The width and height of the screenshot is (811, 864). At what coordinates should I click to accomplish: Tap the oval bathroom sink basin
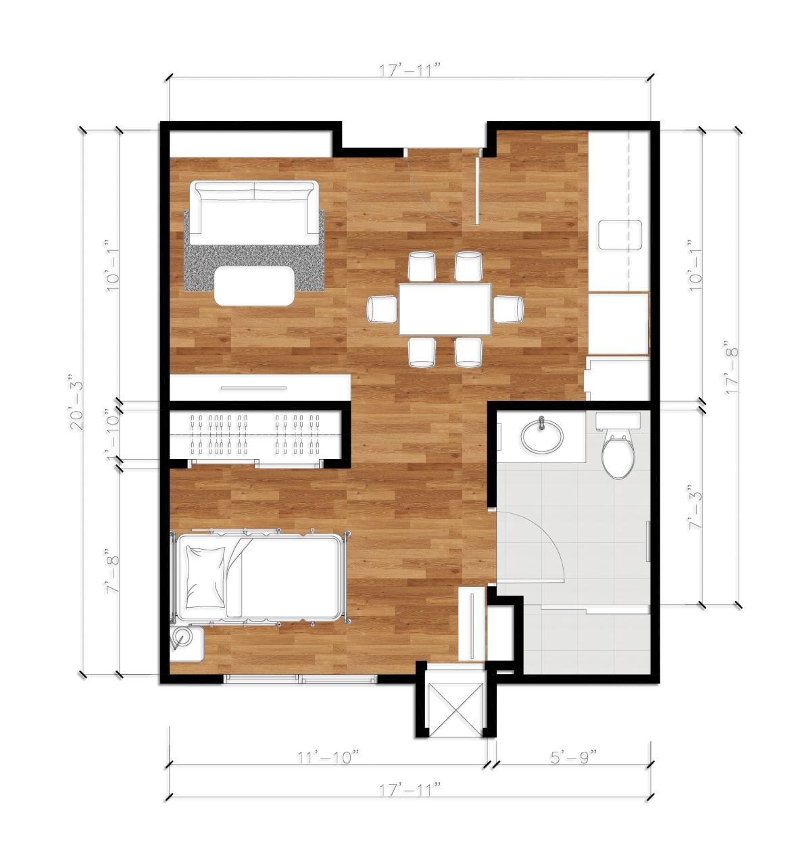point(543,436)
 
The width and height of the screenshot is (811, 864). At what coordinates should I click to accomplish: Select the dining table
point(445,309)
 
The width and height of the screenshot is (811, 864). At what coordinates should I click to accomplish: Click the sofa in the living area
point(254,213)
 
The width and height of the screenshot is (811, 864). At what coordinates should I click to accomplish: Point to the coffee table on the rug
point(255,286)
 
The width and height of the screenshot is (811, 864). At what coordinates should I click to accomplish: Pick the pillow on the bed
point(205,577)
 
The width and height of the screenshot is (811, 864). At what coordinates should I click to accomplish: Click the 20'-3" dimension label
point(76,402)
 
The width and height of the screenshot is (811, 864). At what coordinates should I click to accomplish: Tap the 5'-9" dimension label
point(572,758)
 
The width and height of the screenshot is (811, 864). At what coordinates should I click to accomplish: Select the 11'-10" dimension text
point(328,758)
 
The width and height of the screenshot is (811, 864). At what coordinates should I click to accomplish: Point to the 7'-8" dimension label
point(112,571)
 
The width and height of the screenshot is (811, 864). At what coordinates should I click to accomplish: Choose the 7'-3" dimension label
point(695,507)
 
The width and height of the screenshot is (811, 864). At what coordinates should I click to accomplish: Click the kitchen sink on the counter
point(620,235)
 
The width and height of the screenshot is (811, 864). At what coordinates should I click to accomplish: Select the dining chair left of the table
point(382,310)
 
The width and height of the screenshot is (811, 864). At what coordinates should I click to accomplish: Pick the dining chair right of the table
point(508,310)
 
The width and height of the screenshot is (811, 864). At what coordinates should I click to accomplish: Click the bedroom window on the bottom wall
point(300,679)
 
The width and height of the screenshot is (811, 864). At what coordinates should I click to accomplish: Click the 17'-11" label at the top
point(410,70)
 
